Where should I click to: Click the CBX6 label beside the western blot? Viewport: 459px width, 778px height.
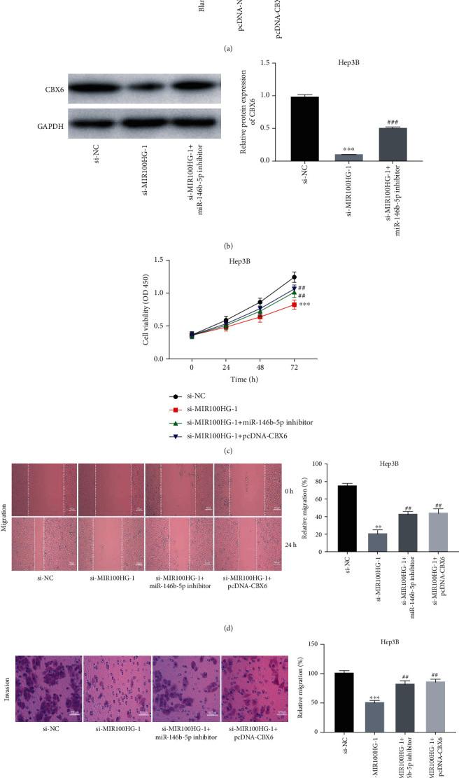coord(38,89)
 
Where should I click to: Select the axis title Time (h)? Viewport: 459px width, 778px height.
coord(242,378)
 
